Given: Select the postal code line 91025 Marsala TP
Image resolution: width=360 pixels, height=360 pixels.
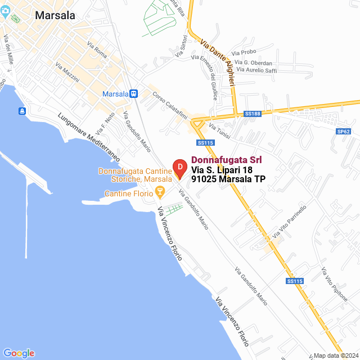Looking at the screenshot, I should pos(228,179).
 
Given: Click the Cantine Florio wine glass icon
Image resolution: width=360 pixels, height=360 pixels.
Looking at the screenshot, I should pos(160,194).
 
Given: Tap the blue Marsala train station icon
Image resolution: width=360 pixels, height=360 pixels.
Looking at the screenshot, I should pos(133,93).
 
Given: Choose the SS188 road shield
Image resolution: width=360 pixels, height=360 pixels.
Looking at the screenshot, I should pos(253,114).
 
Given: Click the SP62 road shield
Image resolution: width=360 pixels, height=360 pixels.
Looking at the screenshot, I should pos(343,131).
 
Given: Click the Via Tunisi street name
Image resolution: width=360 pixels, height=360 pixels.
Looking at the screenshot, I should pos(219,133).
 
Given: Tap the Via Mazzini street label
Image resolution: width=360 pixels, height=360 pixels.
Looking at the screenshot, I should pos(67,74).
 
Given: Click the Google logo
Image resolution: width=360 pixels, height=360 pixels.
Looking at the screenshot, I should pos(19,353).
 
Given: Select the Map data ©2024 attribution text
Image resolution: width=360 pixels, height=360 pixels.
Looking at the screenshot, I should pos(335,355).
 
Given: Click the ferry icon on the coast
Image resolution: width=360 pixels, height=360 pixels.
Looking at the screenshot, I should pos(21,111).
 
